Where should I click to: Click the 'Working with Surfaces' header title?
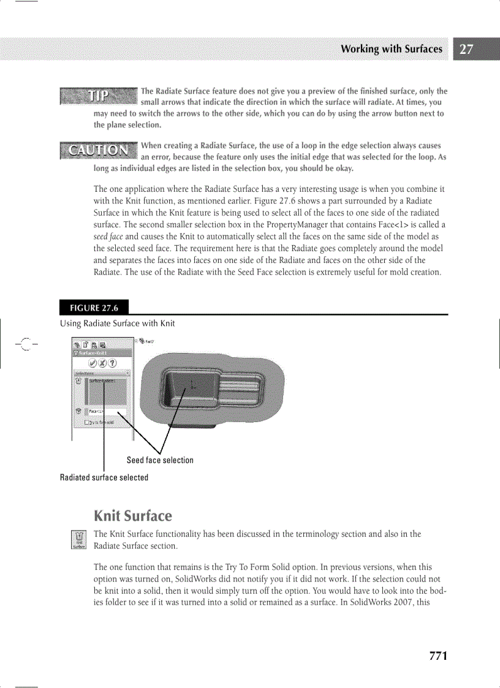coord(391,49)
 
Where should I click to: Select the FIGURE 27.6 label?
coord(94,308)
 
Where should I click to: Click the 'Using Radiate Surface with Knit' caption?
coord(117,323)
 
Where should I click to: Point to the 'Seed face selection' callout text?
coord(160,460)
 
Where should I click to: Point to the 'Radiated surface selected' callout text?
coord(104,477)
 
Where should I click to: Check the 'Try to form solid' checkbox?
coord(86,422)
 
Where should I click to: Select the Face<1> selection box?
coord(105,412)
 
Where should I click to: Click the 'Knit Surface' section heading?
coord(133,515)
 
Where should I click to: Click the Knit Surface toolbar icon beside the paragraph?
coord(78,539)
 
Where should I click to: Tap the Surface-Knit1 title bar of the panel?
coord(101,353)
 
